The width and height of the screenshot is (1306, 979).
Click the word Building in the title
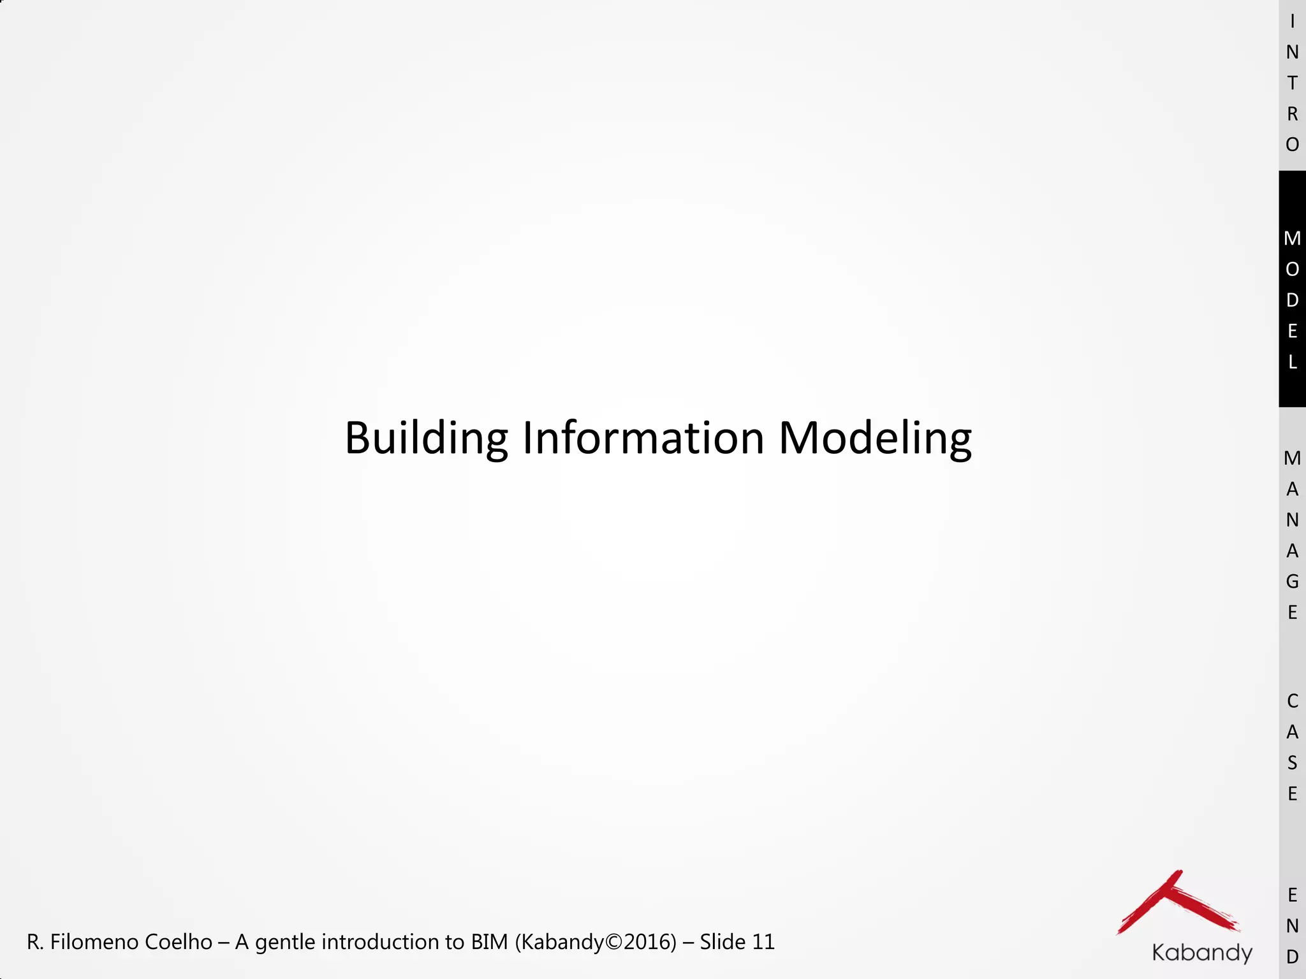(426, 439)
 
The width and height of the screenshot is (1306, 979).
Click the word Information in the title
(643, 439)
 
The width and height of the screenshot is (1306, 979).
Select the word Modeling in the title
(875, 439)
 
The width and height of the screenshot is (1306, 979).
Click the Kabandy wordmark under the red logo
(1202, 952)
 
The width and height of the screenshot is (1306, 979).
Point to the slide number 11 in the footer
(763, 942)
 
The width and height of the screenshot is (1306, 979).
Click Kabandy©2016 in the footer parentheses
(595, 942)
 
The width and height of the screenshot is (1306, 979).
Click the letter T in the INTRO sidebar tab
(1292, 83)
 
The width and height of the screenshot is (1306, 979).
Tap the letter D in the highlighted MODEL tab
(1292, 300)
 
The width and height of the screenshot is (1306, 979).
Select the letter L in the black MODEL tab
(1292, 362)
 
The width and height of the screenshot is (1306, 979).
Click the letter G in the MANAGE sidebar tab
(1292, 581)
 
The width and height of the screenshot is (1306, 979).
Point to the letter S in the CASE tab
(1292, 763)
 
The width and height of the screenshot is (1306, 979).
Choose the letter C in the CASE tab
(1292, 701)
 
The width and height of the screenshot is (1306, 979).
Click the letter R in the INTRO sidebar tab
(1292, 114)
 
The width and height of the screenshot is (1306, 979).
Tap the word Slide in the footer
(723, 942)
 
